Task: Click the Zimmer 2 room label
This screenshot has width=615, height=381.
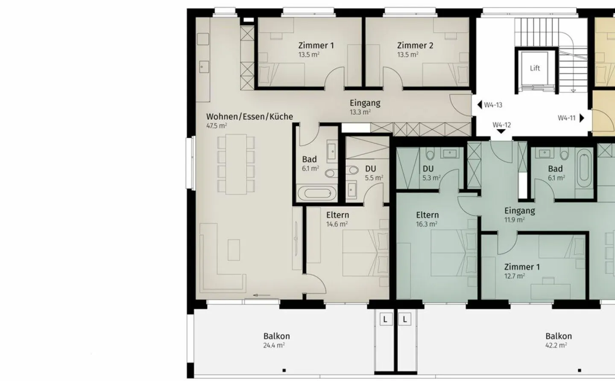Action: [415, 45]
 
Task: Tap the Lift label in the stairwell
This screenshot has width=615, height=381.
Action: [535, 68]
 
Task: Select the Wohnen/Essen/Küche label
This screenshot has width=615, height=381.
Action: [249, 116]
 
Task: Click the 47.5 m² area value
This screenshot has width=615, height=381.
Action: [217, 126]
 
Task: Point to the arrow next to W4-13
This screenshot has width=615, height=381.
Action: [479, 105]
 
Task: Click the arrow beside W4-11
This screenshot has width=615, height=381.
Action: [581, 118]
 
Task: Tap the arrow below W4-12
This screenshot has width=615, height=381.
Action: [501, 132]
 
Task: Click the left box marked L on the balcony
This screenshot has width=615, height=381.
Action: [385, 319]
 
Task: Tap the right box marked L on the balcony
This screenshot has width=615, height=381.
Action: [404, 319]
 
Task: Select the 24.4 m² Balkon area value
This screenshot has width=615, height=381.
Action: [274, 346]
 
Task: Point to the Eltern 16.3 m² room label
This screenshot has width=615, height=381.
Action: [427, 215]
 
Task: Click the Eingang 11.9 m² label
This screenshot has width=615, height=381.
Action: [519, 211]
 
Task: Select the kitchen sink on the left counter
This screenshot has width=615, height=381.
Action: [204, 67]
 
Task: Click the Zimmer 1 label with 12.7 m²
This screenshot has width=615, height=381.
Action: [521, 267]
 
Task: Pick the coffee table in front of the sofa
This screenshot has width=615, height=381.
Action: [234, 250]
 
